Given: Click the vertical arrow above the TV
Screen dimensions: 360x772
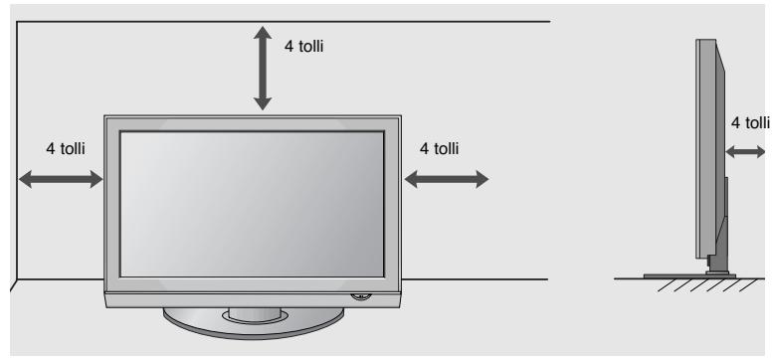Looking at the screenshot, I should pyautogui.click(x=263, y=68).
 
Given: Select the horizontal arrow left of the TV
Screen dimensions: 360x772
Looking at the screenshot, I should pyautogui.click(x=61, y=179).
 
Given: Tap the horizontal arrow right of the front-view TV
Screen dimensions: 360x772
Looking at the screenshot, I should pyautogui.click(x=447, y=179).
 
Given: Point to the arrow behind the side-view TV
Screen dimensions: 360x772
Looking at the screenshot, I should pyautogui.click(x=745, y=152).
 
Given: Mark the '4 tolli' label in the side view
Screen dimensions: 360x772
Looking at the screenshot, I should pyautogui.click(x=751, y=122).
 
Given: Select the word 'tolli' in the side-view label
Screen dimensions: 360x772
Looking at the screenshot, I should pyautogui.click(x=757, y=122).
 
